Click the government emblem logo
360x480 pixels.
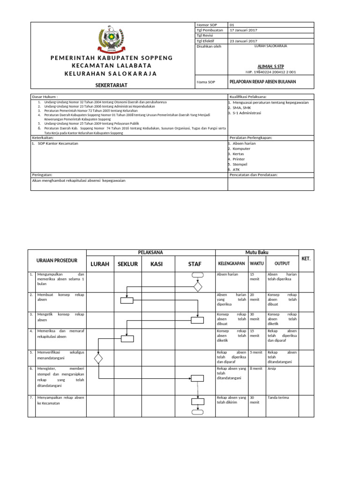[112, 40]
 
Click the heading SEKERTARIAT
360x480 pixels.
[112, 84]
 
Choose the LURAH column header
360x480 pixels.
[100, 264]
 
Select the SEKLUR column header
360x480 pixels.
[127, 264]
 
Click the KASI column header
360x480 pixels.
[157, 264]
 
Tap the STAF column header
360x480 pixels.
[195, 264]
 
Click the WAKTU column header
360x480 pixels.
[256, 263]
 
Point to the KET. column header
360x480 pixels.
[306, 259]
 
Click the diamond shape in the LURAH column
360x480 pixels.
[98, 359]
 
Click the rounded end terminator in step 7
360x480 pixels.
[197, 412]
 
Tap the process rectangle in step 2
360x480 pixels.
[127, 300]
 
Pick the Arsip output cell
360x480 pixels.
[271, 369]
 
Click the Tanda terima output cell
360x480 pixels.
[278, 397]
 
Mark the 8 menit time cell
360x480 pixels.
[256, 369]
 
